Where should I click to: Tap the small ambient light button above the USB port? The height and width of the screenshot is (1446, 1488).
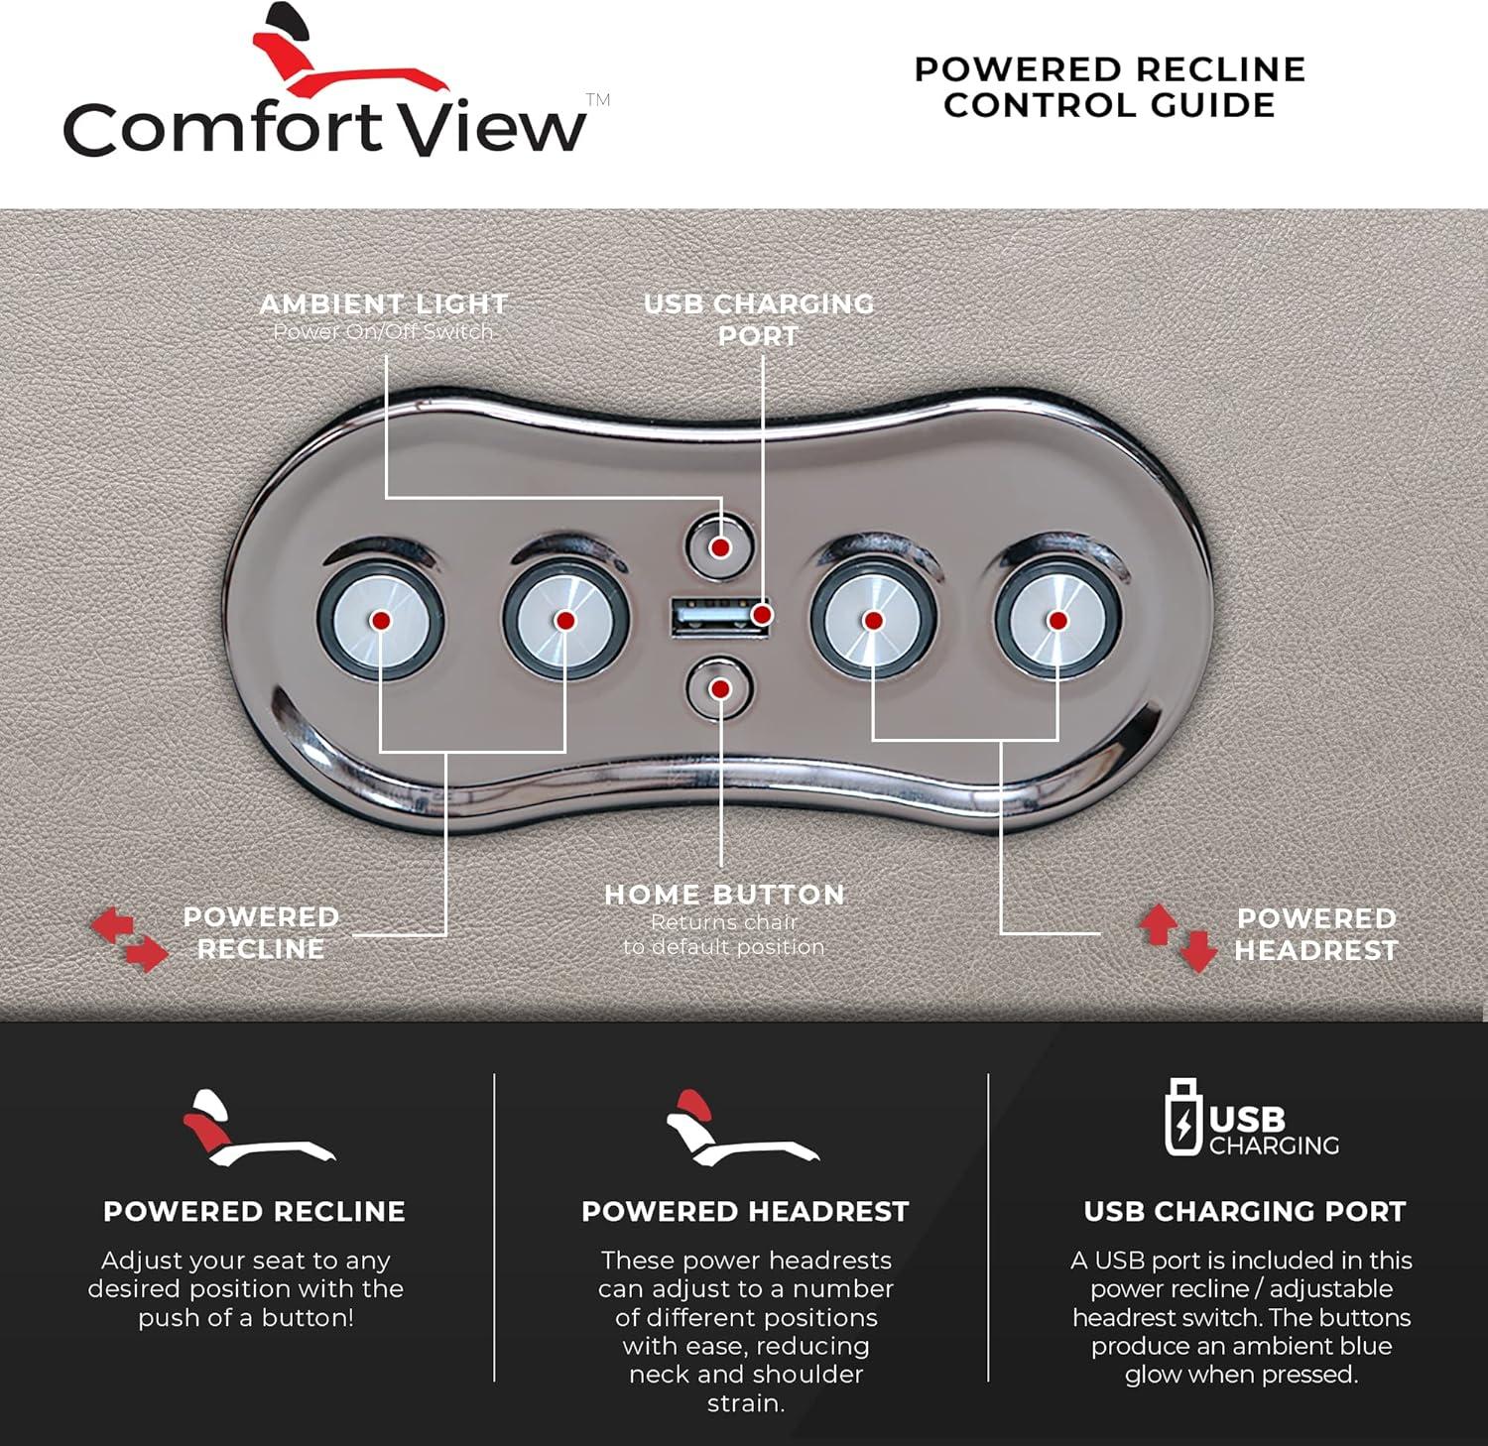pyautogui.click(x=720, y=546)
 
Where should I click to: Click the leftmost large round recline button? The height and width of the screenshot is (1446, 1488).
pyautogui.click(x=380, y=620)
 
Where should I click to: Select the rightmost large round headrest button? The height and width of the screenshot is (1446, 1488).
pyautogui.click(x=1058, y=620)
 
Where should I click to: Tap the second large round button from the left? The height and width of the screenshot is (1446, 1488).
pyautogui.click(x=565, y=620)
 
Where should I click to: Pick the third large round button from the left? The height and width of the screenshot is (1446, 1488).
pyautogui.click(x=873, y=620)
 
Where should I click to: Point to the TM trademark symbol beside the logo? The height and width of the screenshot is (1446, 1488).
pyautogui.click(x=597, y=99)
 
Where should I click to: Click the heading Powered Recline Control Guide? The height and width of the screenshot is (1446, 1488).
pyautogui.click(x=1109, y=87)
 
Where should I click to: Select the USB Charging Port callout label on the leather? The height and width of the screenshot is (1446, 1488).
pyautogui.click(x=759, y=319)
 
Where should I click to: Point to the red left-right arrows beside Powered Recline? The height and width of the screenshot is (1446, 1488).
pyautogui.click(x=129, y=938)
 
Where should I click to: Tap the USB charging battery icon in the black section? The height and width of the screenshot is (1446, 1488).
pyautogui.click(x=1182, y=1118)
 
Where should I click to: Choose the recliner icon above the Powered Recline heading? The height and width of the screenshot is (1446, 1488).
pyautogui.click(x=259, y=1128)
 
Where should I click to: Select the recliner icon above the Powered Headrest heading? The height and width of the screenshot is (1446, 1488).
pyautogui.click(x=742, y=1128)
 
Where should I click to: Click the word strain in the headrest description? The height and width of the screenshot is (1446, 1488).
pyautogui.click(x=745, y=1403)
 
